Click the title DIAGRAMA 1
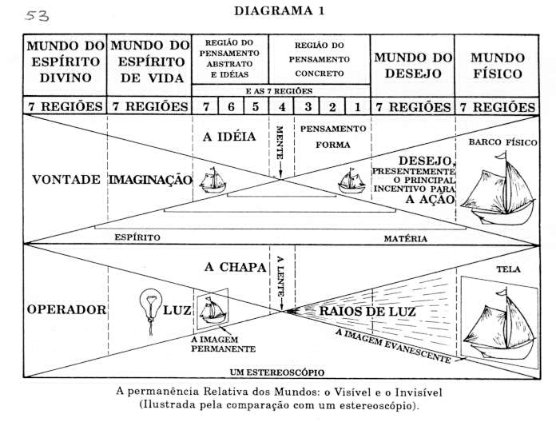coord(279,10)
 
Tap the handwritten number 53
coord(38,16)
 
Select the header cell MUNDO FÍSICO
coord(498,66)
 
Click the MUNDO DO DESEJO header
coord(413,66)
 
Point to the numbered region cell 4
coord(282,107)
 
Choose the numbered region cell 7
coord(205,107)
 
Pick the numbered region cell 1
coord(358,107)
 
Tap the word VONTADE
coord(66,180)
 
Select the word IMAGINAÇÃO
coord(150,180)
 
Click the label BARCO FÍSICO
coord(502,142)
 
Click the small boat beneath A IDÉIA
coord(212,180)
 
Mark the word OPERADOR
coord(66,309)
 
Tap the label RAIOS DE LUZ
coord(367,312)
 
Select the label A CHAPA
coord(235,267)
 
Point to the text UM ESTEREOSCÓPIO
coord(277,372)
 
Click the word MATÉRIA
coord(406,239)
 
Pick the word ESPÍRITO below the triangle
coord(137,237)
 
